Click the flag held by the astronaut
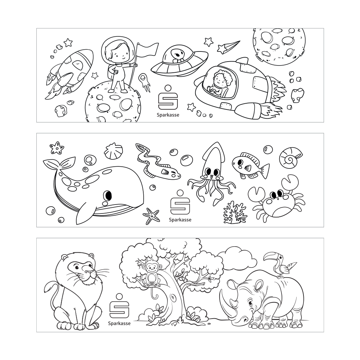[x=148, y=49]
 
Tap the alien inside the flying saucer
[x=177, y=55]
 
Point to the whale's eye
[x=107, y=195]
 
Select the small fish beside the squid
[x=250, y=165]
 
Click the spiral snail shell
[x=291, y=157]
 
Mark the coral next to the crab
[x=235, y=213]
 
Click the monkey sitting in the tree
[x=152, y=274]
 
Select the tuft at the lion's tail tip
[x=49, y=288]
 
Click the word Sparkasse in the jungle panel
[x=119, y=324]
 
